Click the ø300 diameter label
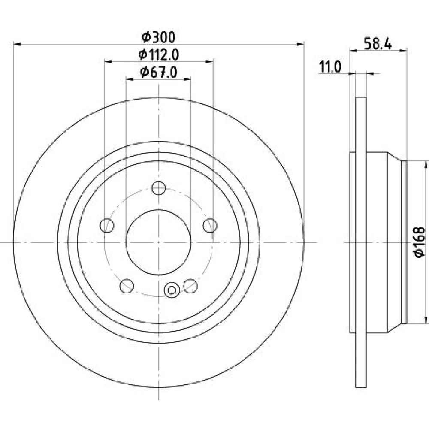(x=159, y=37)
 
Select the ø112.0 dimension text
(x=159, y=55)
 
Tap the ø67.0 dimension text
(x=159, y=72)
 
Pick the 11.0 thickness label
(x=330, y=67)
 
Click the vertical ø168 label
(x=420, y=242)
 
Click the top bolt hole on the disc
(x=159, y=188)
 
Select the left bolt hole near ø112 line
(x=107, y=226)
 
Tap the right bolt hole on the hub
(x=210, y=226)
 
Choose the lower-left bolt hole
(x=127, y=286)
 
